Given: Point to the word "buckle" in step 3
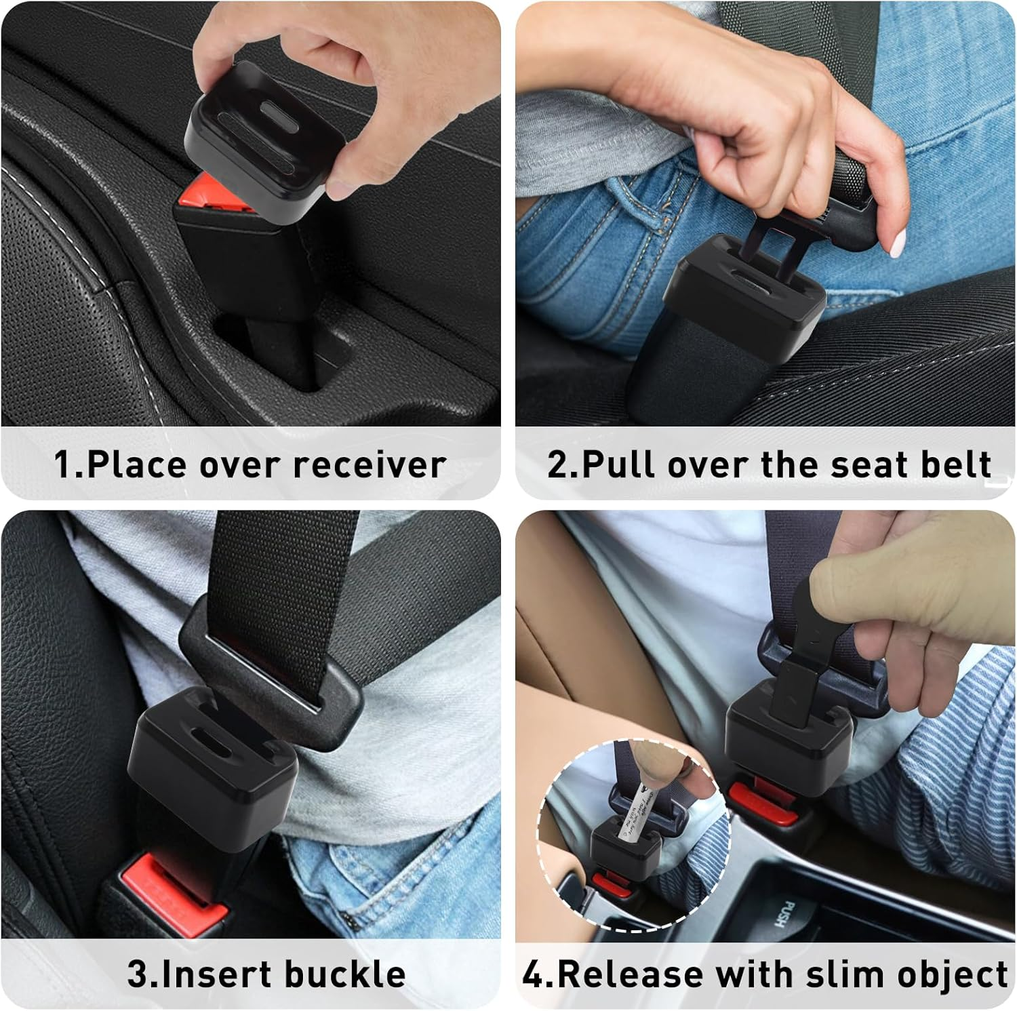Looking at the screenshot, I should (x=345, y=974).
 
